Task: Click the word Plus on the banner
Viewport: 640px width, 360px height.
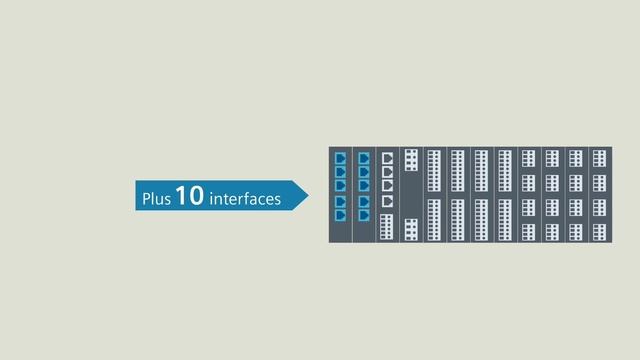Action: coord(157,199)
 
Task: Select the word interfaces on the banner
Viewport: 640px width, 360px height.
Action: coord(245,199)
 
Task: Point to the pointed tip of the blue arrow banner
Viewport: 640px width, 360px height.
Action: coord(306,195)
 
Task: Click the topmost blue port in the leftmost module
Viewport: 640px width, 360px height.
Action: coord(340,158)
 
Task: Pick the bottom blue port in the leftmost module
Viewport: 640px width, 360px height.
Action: coord(340,214)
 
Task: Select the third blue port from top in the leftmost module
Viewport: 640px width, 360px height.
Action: coord(340,185)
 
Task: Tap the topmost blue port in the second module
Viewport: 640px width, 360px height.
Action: coord(364,158)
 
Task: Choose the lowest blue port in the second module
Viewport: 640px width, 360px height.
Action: coord(364,214)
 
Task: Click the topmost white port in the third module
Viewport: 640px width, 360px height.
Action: coord(388,158)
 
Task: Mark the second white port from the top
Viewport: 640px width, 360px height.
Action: coord(388,171)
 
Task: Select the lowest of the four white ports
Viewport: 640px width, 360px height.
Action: coord(388,200)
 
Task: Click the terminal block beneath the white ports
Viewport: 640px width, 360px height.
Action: coord(388,227)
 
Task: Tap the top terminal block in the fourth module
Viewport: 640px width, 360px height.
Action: coord(411,160)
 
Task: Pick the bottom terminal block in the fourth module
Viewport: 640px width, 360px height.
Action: coord(411,229)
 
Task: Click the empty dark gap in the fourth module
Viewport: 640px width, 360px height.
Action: coord(411,195)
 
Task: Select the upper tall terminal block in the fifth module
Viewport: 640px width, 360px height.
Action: coord(434,170)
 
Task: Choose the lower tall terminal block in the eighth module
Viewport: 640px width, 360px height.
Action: coord(505,220)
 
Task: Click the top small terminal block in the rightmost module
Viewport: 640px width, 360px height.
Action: coord(599,158)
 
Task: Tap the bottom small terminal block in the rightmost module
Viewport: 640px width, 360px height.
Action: coord(599,232)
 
